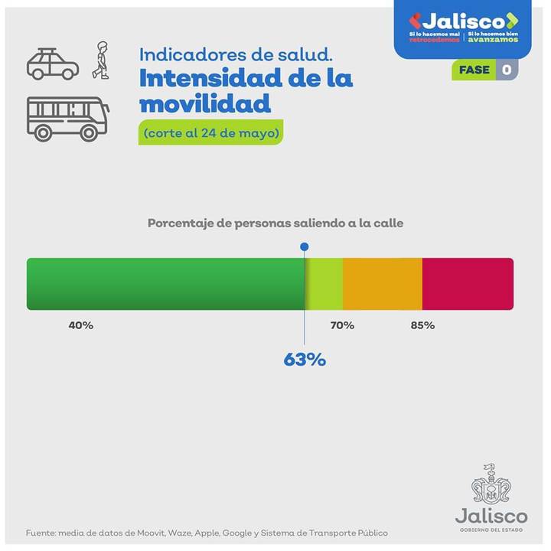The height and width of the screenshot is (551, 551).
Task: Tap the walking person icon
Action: coord(100,60)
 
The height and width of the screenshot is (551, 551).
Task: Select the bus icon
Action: coord(67,118)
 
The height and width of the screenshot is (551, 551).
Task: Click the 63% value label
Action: coord(305,359)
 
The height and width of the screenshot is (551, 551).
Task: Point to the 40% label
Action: coord(80,325)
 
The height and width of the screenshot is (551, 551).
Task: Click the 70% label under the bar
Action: coord(342,325)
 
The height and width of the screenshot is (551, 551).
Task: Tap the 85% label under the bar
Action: coord(422,325)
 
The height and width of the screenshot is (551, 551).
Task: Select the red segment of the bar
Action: coord(468,284)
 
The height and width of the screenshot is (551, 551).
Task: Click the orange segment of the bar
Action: coord(382,284)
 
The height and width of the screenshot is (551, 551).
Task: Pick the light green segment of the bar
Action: coord(325,284)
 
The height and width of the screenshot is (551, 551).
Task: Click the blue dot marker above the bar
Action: coord(305,246)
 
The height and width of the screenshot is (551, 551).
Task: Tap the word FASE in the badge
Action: coord(474,70)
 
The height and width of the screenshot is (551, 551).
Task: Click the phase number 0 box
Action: coord(507,70)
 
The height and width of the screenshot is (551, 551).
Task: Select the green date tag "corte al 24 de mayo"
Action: coord(210,132)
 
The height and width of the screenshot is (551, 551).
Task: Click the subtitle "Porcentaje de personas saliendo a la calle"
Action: coord(275,223)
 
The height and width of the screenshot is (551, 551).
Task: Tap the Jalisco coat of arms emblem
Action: coord(491,484)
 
